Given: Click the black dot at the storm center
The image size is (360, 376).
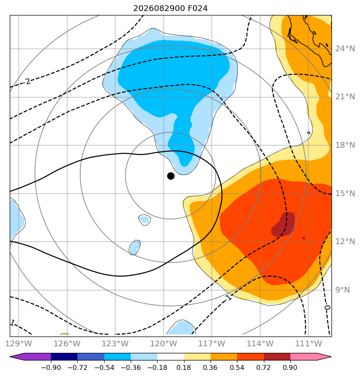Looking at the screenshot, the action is pos(171,176).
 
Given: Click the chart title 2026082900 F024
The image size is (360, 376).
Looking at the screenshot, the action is pos(170,9).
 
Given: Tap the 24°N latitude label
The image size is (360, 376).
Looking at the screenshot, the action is pos(345,49).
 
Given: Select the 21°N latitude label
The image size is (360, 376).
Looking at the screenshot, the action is pos(345,97).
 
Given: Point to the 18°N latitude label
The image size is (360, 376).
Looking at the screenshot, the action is pos(345,145).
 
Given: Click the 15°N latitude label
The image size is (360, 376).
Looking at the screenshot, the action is pos(345,194).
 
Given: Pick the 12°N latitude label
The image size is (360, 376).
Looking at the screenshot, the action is pos(345,241).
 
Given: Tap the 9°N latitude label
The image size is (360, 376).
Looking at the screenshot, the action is pos(342,290).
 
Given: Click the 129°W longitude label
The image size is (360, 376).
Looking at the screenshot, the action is pos(18,343).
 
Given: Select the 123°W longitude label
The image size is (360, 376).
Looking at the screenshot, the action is pos(115,343).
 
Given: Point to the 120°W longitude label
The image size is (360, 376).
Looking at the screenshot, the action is pos(163,343).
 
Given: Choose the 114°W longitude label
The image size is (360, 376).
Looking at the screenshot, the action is pos(260,343).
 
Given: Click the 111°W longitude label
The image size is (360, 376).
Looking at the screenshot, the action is pos(308,343).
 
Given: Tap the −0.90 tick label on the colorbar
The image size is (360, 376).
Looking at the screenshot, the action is pos(51,367).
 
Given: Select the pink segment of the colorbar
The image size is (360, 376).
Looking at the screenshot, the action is pos(311,356).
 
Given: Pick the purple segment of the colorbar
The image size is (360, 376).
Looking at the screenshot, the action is pos(31,356).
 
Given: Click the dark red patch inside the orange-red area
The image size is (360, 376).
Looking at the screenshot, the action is pos(283,225).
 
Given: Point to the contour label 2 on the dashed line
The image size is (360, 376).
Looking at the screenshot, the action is pos(28,81).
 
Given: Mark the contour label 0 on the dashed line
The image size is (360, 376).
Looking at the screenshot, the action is pos(327,307).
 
